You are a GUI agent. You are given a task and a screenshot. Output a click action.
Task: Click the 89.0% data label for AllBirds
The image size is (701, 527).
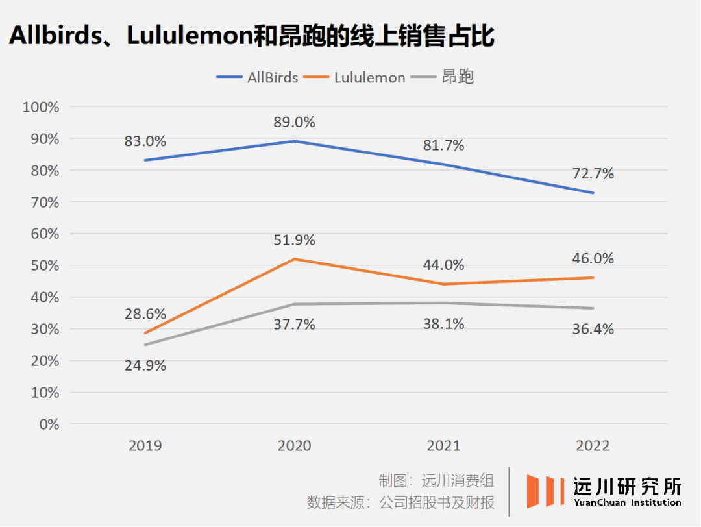pos(295,122)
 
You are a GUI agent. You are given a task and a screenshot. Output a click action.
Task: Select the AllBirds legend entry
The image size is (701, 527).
pos(257,77)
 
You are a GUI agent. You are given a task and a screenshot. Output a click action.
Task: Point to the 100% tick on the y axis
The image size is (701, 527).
pos(40,107)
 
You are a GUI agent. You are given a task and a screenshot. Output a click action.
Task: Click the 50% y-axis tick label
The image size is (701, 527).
pos(43,265)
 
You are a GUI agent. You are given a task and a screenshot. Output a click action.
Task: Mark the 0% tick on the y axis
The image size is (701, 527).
pos(47,424)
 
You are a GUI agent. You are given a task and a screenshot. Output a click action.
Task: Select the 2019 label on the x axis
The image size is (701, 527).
pos(145,446)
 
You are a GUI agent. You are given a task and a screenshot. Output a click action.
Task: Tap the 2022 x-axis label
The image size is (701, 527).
pos(593,446)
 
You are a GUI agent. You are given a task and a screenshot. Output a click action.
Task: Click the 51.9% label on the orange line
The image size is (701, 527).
pos(295,240)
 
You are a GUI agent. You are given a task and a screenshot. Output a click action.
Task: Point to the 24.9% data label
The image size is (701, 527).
pos(145,365)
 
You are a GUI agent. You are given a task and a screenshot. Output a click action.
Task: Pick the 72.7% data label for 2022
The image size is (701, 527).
pos(593,173)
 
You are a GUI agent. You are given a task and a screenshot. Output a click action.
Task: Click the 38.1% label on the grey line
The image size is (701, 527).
pos(444,324)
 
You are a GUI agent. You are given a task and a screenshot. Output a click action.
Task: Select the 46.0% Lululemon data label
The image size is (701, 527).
pos(593,258)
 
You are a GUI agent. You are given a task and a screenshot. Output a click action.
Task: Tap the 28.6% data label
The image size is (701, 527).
pos(145,314)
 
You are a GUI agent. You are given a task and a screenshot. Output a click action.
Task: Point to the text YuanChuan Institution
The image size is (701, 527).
pos(627,502)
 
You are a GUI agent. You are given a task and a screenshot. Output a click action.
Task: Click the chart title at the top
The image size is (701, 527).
pos(252,36)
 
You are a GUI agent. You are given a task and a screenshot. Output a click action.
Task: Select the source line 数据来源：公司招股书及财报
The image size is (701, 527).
pos(400,502)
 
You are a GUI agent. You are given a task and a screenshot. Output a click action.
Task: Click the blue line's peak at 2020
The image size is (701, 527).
pos(295,141)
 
